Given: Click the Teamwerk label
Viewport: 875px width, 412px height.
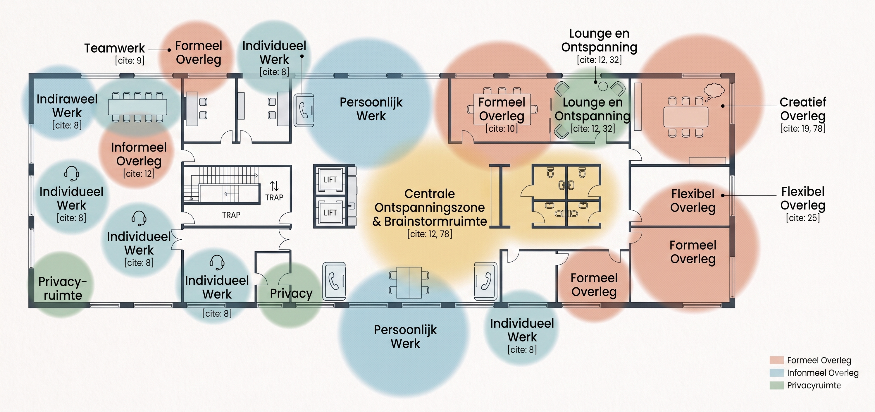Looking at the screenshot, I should [114, 48].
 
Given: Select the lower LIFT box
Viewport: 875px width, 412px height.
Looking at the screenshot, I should [330, 213].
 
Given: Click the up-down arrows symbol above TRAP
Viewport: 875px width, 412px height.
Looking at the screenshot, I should [274, 186].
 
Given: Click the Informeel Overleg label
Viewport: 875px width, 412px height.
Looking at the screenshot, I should [139, 154].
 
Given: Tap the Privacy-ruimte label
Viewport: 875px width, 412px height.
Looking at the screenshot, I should [63, 288].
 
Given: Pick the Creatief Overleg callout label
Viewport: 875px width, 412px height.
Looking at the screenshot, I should [803, 109].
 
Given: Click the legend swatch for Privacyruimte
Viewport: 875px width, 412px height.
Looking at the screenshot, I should [776, 385].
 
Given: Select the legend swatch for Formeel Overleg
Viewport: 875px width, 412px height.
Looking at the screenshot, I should [776, 360].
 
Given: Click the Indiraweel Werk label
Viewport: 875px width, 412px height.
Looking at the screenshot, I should [67, 106].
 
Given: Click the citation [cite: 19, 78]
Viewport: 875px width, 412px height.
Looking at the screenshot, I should [803, 128].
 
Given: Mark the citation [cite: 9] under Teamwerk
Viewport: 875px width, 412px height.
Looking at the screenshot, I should [130, 61].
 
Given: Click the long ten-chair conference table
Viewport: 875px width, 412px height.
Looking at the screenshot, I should [137, 107].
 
